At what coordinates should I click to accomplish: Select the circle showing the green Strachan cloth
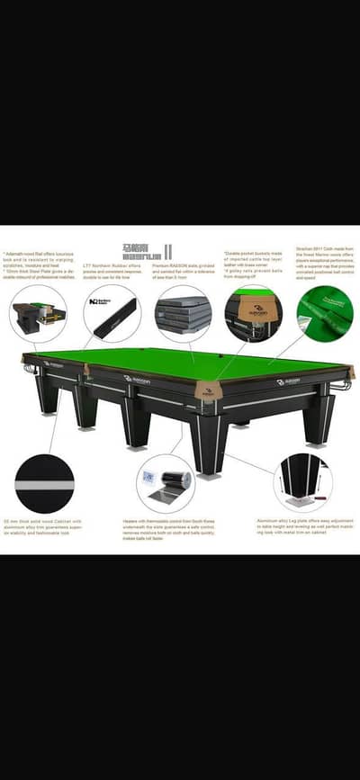[325, 313]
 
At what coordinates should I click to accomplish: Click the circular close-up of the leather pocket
[254, 314]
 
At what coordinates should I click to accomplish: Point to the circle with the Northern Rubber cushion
[112, 314]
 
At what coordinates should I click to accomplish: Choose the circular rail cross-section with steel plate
[38, 314]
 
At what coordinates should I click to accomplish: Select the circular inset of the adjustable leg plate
[302, 482]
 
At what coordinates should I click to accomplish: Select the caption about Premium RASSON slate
[180, 270]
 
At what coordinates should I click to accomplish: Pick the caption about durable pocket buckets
[253, 264]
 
